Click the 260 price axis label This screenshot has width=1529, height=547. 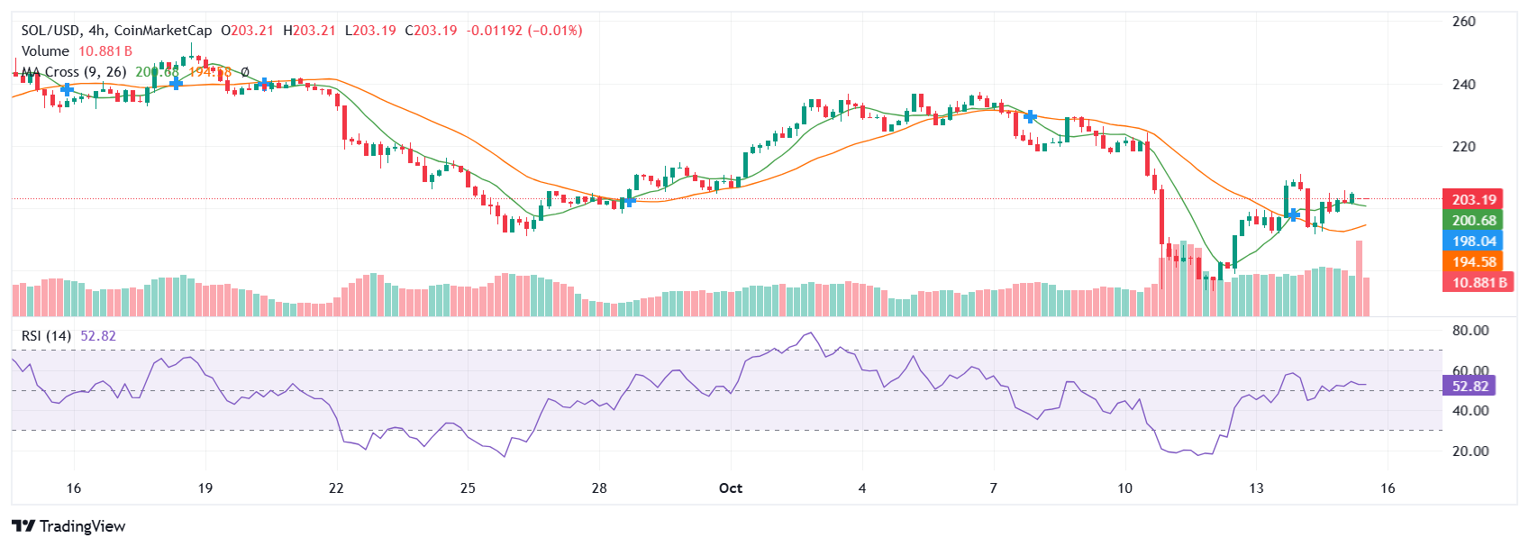1463,22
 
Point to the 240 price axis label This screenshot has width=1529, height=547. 1463,85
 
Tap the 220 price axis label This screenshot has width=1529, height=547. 1463,147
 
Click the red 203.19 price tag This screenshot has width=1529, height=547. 1473,200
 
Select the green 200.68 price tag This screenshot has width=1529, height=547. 1473,221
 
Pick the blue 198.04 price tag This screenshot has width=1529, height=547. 1473,242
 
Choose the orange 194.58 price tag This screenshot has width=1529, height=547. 1473,262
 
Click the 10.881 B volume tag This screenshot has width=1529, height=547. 1479,283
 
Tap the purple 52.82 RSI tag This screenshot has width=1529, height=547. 1470,387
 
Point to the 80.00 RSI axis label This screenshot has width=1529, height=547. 1470,331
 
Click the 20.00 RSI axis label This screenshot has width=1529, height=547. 1470,451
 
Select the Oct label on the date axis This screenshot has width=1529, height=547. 731,488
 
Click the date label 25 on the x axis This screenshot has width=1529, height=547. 468,488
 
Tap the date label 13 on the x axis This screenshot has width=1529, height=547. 1256,488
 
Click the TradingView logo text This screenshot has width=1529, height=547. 82,526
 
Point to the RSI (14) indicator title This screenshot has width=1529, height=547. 46,336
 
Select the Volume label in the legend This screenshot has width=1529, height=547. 45,51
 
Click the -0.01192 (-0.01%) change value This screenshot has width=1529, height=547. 523,31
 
